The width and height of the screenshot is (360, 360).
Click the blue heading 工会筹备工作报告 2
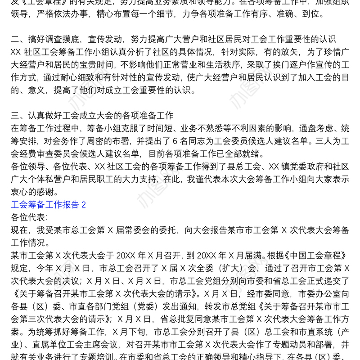pos(48,205)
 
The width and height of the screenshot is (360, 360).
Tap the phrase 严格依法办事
pos(67,14)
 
